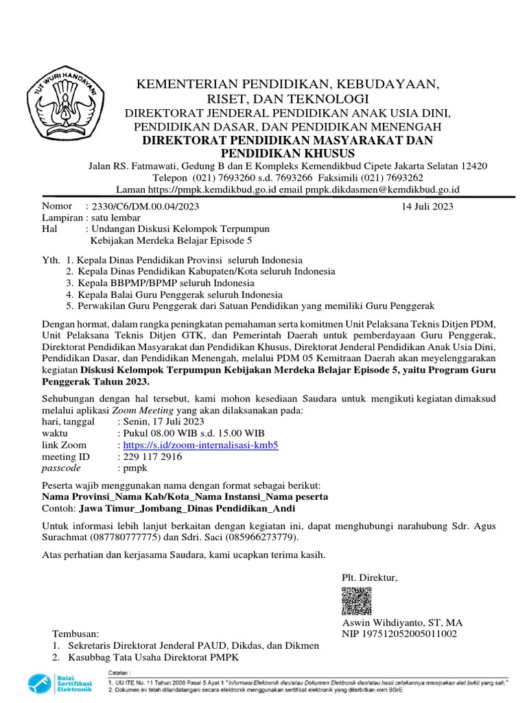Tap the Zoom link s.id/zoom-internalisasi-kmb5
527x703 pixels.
tap(198, 444)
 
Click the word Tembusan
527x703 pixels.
tap(75, 634)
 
